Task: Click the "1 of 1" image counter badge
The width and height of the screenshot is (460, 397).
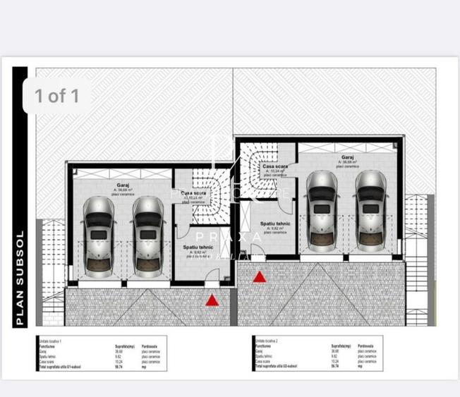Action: point(57,96)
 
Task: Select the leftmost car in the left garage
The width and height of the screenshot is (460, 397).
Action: point(99,236)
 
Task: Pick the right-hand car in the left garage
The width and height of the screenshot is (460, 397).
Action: point(148,236)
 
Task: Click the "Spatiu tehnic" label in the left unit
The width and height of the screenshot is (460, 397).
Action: point(198,247)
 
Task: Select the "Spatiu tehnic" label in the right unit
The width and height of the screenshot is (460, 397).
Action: point(274,224)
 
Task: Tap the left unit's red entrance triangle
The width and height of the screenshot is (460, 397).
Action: point(212,300)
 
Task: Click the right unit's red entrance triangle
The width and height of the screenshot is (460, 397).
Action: point(260,277)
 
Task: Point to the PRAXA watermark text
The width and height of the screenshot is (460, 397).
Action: point(229,237)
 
